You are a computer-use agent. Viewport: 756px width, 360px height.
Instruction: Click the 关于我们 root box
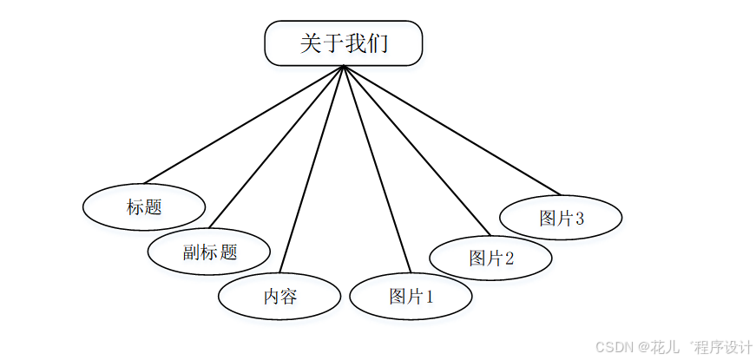344,43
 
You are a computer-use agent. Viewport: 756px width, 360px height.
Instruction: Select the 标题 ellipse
144,207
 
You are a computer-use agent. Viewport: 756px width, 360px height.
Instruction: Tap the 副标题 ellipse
209,252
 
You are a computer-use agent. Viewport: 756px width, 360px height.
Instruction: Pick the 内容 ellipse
279,297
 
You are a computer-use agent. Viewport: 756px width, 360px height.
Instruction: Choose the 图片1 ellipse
411,297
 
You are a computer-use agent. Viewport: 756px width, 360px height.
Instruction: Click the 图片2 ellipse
491,258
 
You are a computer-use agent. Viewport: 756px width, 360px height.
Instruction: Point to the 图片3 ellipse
561,218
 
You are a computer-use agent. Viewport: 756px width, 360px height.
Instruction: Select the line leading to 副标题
276,147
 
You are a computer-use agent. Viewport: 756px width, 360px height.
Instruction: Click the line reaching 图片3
451,129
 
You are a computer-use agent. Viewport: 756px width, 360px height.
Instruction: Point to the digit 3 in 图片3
579,219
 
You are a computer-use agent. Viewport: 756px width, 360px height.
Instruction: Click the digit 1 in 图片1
428,298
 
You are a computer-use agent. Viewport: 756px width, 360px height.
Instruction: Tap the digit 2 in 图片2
509,259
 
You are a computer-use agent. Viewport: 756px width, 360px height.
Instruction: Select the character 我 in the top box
356,43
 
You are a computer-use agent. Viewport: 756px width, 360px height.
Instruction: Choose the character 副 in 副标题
192,253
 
